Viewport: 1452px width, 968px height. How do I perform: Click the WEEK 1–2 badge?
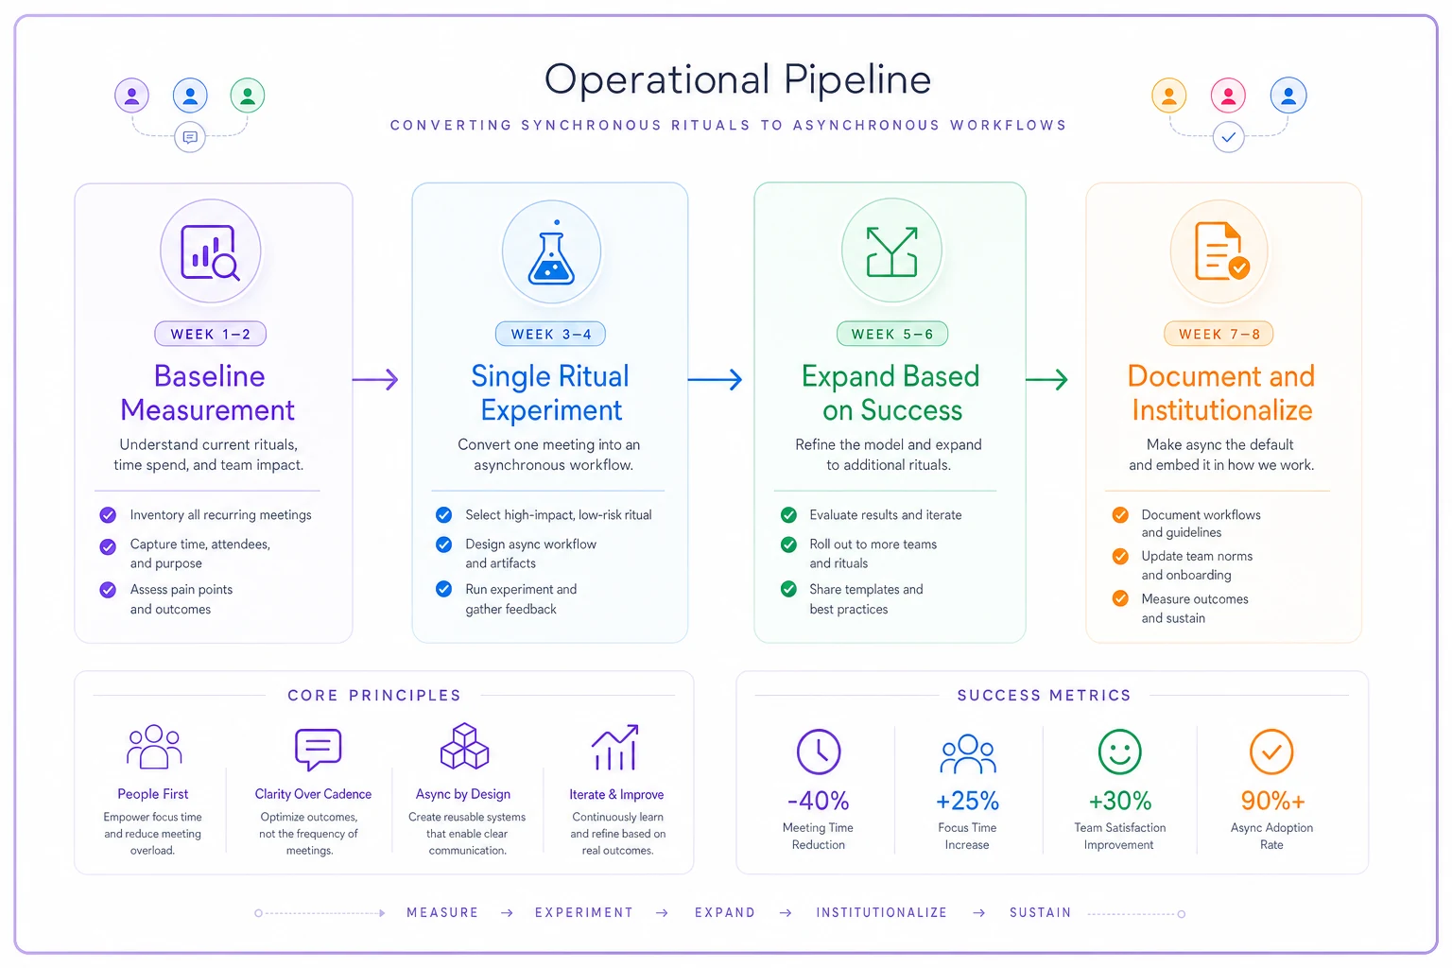(x=210, y=334)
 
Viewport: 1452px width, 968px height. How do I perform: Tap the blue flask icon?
(x=551, y=254)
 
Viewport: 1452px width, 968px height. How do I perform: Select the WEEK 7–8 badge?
(x=1219, y=334)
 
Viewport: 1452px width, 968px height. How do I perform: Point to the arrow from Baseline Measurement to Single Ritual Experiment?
(x=375, y=379)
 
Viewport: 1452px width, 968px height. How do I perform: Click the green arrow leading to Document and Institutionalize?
(x=1046, y=379)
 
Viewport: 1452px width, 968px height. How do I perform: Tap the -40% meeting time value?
(x=818, y=801)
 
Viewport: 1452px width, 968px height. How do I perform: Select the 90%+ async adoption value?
(x=1272, y=801)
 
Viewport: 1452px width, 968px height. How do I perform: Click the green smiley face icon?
(x=1119, y=752)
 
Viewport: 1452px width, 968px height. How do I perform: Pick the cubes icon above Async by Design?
(x=464, y=746)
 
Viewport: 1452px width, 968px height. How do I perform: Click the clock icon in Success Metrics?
(x=819, y=752)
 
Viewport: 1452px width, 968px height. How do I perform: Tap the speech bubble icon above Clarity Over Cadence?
(x=318, y=749)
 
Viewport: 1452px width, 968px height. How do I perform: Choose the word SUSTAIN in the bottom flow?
(x=1041, y=913)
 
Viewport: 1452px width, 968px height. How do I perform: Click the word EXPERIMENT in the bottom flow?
(x=584, y=913)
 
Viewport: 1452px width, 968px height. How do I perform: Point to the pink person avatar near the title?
(x=1228, y=95)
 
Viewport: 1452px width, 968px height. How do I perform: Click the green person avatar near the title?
(x=248, y=95)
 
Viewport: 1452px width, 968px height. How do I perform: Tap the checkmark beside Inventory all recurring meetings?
(x=109, y=515)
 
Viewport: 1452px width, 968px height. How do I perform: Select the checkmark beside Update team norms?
(x=1120, y=556)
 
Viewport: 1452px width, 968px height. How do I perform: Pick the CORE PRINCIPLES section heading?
(x=374, y=696)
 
